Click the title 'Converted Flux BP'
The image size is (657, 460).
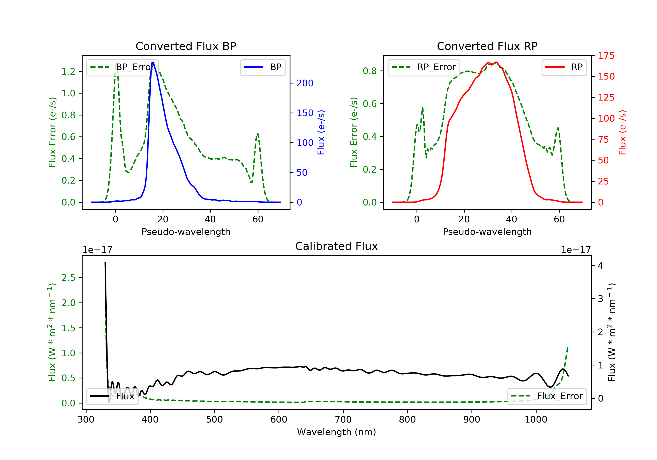[186, 46]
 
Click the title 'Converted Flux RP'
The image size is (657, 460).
[487, 46]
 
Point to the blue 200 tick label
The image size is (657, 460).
[305, 83]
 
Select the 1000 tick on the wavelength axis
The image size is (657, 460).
[536, 420]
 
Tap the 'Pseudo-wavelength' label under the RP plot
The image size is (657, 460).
[487, 232]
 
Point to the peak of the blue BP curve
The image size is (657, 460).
[152, 62]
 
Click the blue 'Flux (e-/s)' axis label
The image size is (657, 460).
[321, 132]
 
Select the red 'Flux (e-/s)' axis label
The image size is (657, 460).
[622, 132]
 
